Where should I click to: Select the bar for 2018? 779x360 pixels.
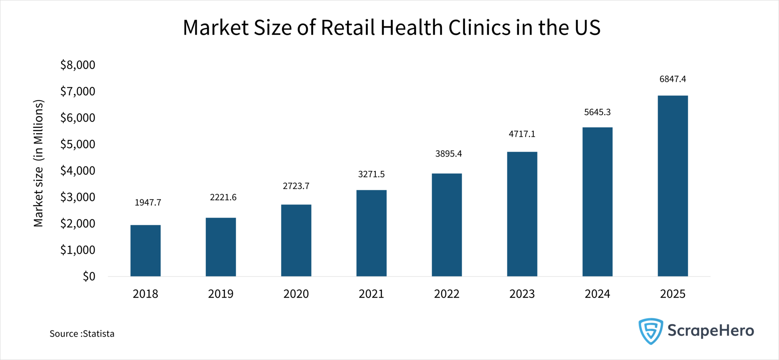coord(145,251)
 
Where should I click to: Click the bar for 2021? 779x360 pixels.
coord(371,233)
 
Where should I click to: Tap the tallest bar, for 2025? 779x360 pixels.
coord(672,186)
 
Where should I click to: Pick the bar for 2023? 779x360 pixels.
coord(522,214)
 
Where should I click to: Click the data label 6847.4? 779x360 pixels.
coord(672,79)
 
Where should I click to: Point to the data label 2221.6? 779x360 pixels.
coord(223,197)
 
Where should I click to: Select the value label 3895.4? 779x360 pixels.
coord(448,154)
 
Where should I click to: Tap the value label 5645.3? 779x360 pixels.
coord(597,112)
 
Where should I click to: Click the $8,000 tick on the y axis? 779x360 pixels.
coord(78,65)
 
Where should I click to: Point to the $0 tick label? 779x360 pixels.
coord(89,276)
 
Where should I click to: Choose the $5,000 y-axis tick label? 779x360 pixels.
coord(78,144)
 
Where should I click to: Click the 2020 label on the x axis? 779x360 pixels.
coord(296,294)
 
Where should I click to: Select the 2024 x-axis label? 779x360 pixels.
coord(597,294)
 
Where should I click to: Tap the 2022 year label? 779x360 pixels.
coord(447,294)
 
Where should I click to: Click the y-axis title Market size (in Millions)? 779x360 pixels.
coord(38,163)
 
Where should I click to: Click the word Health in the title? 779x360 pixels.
coord(412,28)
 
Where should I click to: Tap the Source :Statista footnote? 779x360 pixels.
coord(82,334)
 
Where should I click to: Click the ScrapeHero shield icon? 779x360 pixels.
coord(650,331)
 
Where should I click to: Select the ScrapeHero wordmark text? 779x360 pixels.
coord(711,331)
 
